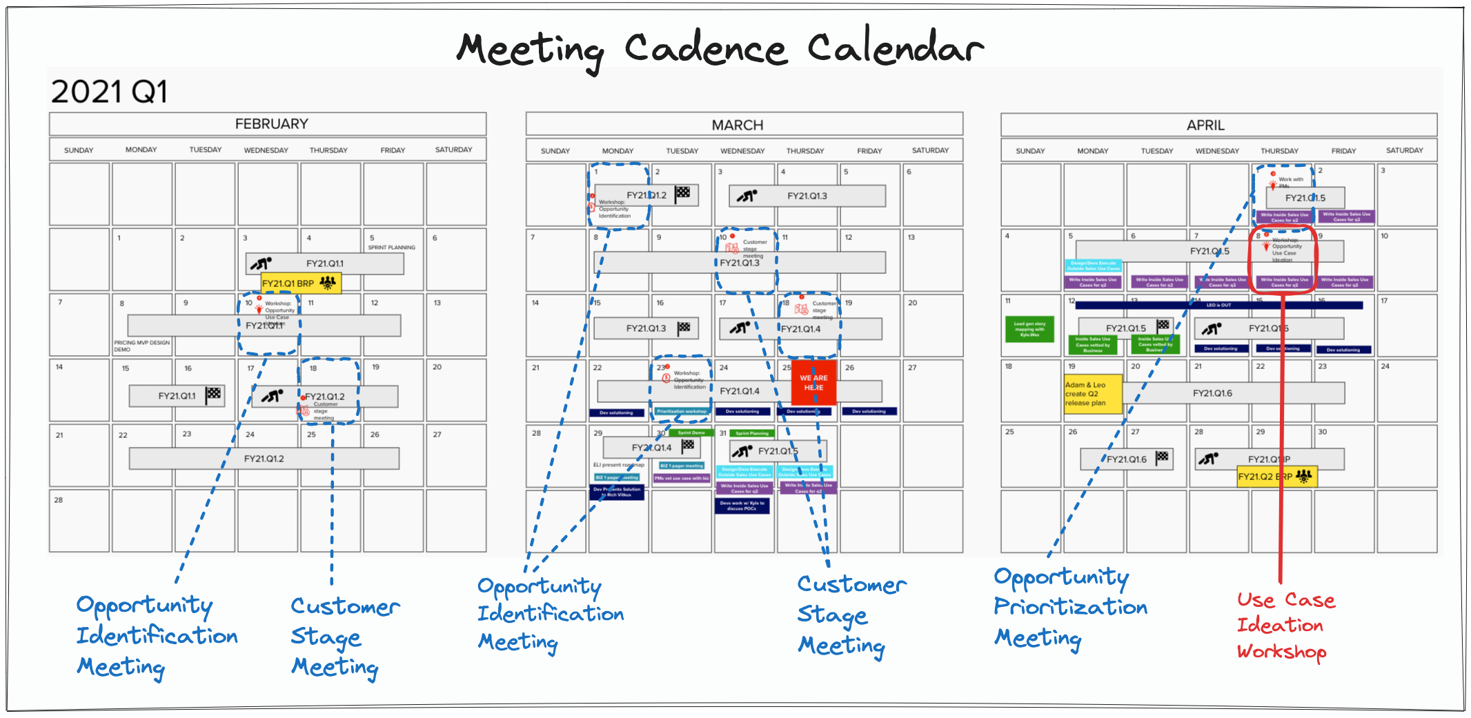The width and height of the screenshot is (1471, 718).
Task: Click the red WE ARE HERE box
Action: (813, 383)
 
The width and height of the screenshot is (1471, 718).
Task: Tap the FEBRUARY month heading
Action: (271, 124)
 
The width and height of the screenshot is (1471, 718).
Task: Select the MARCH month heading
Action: (737, 126)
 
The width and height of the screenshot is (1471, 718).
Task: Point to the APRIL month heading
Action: (1205, 126)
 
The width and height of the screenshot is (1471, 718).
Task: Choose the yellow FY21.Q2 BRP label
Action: (1276, 477)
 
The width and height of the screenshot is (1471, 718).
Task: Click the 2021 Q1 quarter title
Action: (109, 92)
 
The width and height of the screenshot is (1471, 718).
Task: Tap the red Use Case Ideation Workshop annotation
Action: (1285, 626)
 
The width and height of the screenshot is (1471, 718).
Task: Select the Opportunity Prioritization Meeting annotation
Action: (1069, 608)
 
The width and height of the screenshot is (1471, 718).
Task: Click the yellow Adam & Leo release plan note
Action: (1092, 395)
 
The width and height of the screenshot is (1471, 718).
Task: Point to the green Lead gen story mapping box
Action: (1029, 329)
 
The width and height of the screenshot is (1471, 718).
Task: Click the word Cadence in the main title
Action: (705, 50)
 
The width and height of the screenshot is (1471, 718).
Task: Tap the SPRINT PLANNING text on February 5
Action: (391, 247)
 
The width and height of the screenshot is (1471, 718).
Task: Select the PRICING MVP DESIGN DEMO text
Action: (141, 346)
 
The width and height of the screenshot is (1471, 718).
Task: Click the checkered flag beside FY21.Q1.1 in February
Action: (214, 395)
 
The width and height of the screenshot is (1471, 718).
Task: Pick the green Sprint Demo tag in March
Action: (691, 433)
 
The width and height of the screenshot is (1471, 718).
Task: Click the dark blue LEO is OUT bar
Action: (1218, 305)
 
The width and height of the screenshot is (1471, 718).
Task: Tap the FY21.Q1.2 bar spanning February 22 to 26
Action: (264, 459)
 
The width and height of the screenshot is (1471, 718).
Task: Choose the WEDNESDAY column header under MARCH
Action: (742, 151)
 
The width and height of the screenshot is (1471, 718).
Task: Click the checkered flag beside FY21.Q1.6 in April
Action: (1163, 457)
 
